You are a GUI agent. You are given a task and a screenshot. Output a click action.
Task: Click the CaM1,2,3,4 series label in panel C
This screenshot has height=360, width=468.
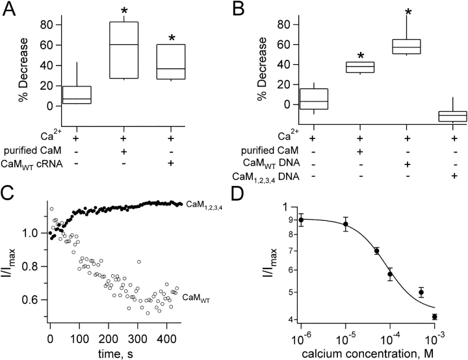(x=205, y=205)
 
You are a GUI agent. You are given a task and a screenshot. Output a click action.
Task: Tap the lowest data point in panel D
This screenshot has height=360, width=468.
(x=434, y=316)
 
